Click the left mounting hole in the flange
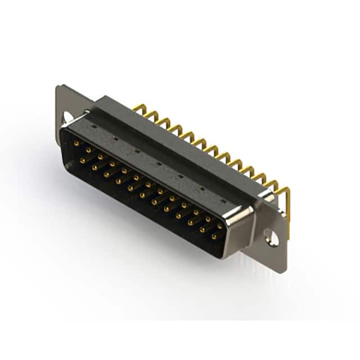point(69,117)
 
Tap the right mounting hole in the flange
point(272,238)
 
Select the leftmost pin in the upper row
point(76,143)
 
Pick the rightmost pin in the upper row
point(220,226)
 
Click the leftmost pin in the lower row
point(82,161)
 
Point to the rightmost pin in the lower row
point(214,237)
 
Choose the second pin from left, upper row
point(88,150)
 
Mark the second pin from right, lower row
point(202,230)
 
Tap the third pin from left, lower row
point(106,174)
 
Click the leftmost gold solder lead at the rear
point(137,107)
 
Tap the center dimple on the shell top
point(158,164)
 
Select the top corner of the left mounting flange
point(60,87)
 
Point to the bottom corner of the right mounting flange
point(282,271)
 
